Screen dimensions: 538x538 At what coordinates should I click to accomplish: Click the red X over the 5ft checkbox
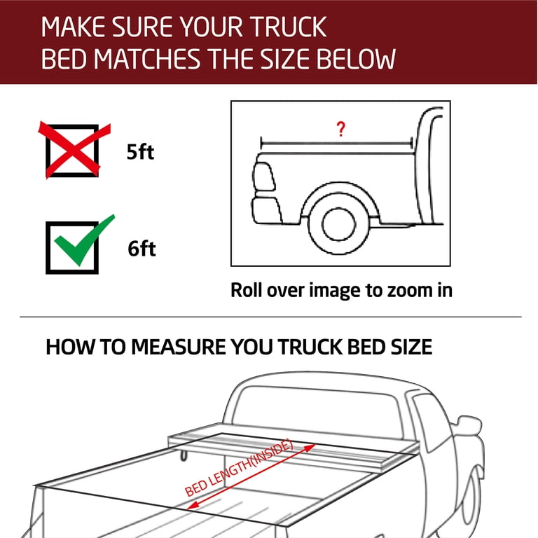point(73,151)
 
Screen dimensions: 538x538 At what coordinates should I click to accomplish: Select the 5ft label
point(140,151)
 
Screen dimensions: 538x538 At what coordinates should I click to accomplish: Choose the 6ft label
point(142,249)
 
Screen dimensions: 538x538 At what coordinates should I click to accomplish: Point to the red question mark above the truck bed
point(340,129)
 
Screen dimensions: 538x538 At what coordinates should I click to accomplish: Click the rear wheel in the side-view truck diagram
point(338,225)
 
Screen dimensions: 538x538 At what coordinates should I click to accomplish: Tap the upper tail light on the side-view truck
point(263,177)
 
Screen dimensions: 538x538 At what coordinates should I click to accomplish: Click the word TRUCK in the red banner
point(288,27)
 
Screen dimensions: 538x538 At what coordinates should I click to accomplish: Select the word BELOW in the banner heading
point(356,59)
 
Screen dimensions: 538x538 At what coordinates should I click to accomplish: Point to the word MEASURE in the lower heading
point(179,347)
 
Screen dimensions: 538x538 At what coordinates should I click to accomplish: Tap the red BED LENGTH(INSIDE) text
point(239,468)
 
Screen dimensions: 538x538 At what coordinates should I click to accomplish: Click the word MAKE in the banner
point(73,27)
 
